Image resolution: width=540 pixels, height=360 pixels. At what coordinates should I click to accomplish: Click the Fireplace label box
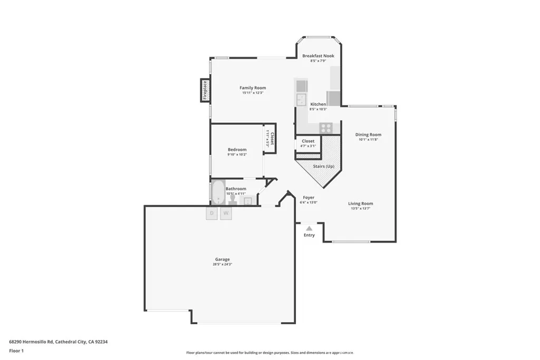205,90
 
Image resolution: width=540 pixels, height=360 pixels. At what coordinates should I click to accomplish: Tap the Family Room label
253,88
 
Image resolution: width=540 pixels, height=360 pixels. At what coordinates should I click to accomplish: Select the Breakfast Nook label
318,56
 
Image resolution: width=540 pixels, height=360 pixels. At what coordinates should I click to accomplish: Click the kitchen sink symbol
301,100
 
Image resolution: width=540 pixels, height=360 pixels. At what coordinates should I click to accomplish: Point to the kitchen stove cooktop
325,128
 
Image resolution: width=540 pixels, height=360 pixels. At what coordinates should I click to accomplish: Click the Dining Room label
368,135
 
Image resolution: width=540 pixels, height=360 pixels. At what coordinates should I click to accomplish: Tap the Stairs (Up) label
323,167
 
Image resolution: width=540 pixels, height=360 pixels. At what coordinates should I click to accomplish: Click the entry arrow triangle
309,228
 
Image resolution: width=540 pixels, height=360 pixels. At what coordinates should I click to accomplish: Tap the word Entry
309,235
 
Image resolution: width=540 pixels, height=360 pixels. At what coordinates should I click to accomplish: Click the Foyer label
308,198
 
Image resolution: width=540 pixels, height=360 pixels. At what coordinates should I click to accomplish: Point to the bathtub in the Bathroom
218,193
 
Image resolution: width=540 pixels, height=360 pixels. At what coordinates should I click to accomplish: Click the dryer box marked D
211,213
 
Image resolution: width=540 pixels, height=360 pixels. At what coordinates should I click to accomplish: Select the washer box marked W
226,213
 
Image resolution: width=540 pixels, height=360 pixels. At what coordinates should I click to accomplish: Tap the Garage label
222,259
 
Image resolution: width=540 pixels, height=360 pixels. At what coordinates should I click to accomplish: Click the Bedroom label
237,150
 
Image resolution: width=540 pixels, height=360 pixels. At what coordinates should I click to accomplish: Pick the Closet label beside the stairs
308,141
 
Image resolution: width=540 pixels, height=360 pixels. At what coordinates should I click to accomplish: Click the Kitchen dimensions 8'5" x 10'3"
318,109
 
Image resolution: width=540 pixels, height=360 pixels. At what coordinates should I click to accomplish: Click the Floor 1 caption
16,351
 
